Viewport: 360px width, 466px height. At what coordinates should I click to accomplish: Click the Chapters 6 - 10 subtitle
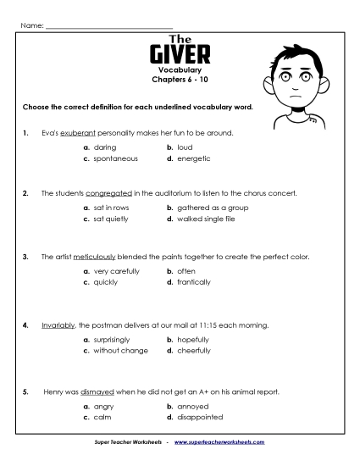180,83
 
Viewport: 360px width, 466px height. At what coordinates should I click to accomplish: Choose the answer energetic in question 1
193,158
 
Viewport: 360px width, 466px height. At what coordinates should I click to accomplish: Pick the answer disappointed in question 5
200,417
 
